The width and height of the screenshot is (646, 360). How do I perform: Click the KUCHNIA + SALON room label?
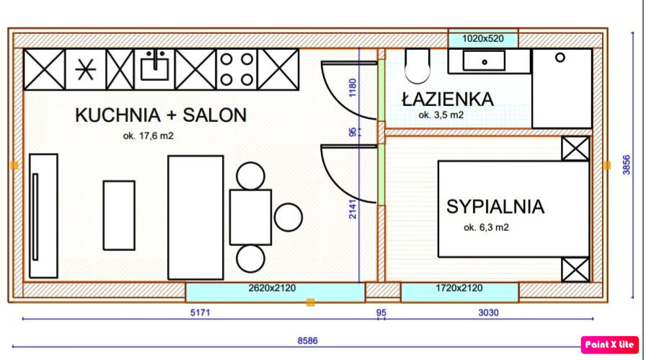(x=161, y=115)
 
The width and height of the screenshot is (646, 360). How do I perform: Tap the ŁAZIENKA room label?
(x=448, y=99)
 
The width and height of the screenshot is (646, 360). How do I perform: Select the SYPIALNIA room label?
(x=495, y=206)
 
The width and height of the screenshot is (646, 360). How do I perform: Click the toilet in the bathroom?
(x=417, y=66)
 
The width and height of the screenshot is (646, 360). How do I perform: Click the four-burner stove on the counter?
(x=236, y=69)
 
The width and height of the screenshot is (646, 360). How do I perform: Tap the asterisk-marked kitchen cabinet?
(x=86, y=69)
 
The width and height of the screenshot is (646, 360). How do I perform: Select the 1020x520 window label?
(x=483, y=39)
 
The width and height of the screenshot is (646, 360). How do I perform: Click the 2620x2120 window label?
(x=272, y=289)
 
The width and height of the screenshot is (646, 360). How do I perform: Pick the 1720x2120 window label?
(x=459, y=289)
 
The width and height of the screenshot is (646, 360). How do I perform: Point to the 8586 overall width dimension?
(x=307, y=341)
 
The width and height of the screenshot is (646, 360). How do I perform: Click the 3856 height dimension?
(x=627, y=165)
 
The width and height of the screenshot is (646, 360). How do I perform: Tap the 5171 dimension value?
(x=200, y=312)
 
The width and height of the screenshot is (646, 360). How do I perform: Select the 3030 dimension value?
(x=488, y=312)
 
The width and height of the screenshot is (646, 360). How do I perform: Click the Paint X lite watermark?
(x=610, y=345)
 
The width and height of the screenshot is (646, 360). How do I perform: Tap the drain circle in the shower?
(x=560, y=58)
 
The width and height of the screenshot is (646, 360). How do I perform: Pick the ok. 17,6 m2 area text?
(x=149, y=136)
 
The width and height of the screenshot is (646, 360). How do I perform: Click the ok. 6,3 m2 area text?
(x=486, y=227)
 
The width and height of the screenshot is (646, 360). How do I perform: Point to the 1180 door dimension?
(x=353, y=88)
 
